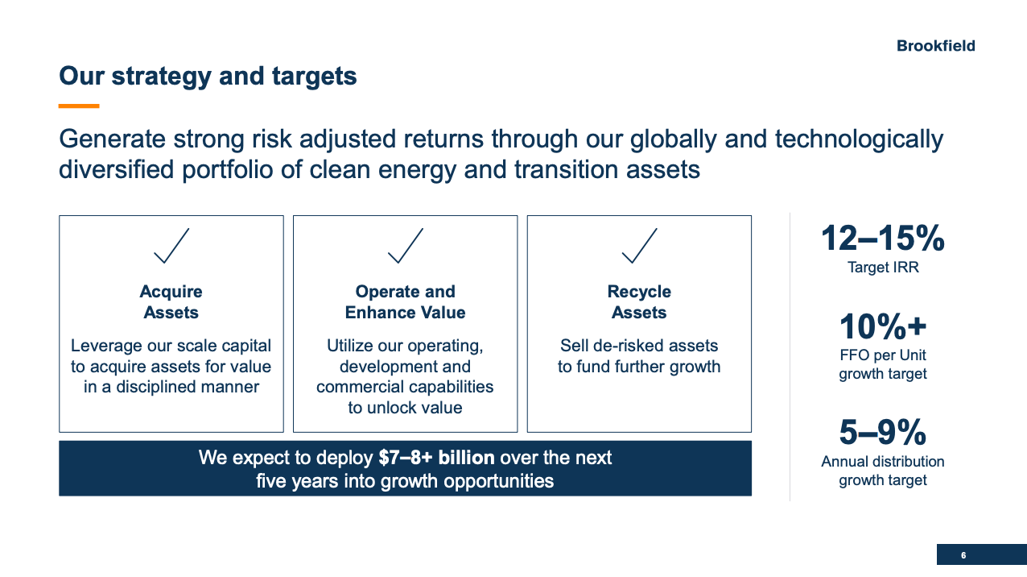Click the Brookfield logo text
coord(936,46)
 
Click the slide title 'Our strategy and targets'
coord(208,77)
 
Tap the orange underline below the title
coord(79,106)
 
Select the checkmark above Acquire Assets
coord(171,246)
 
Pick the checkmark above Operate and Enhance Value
coord(406,246)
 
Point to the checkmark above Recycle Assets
coord(639,246)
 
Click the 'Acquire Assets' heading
coord(171,302)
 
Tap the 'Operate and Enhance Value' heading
coord(406,302)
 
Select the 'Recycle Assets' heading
coord(639,302)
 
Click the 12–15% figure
coord(883,239)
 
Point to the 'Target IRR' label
coord(883,268)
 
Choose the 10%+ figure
coord(883,326)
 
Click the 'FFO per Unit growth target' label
coord(883,364)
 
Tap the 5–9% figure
coord(883,432)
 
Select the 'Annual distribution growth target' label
coord(883,471)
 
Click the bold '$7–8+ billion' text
coord(436,458)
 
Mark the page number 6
coord(963,555)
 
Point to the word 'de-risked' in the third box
coord(626,346)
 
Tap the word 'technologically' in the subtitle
coord(860,139)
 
